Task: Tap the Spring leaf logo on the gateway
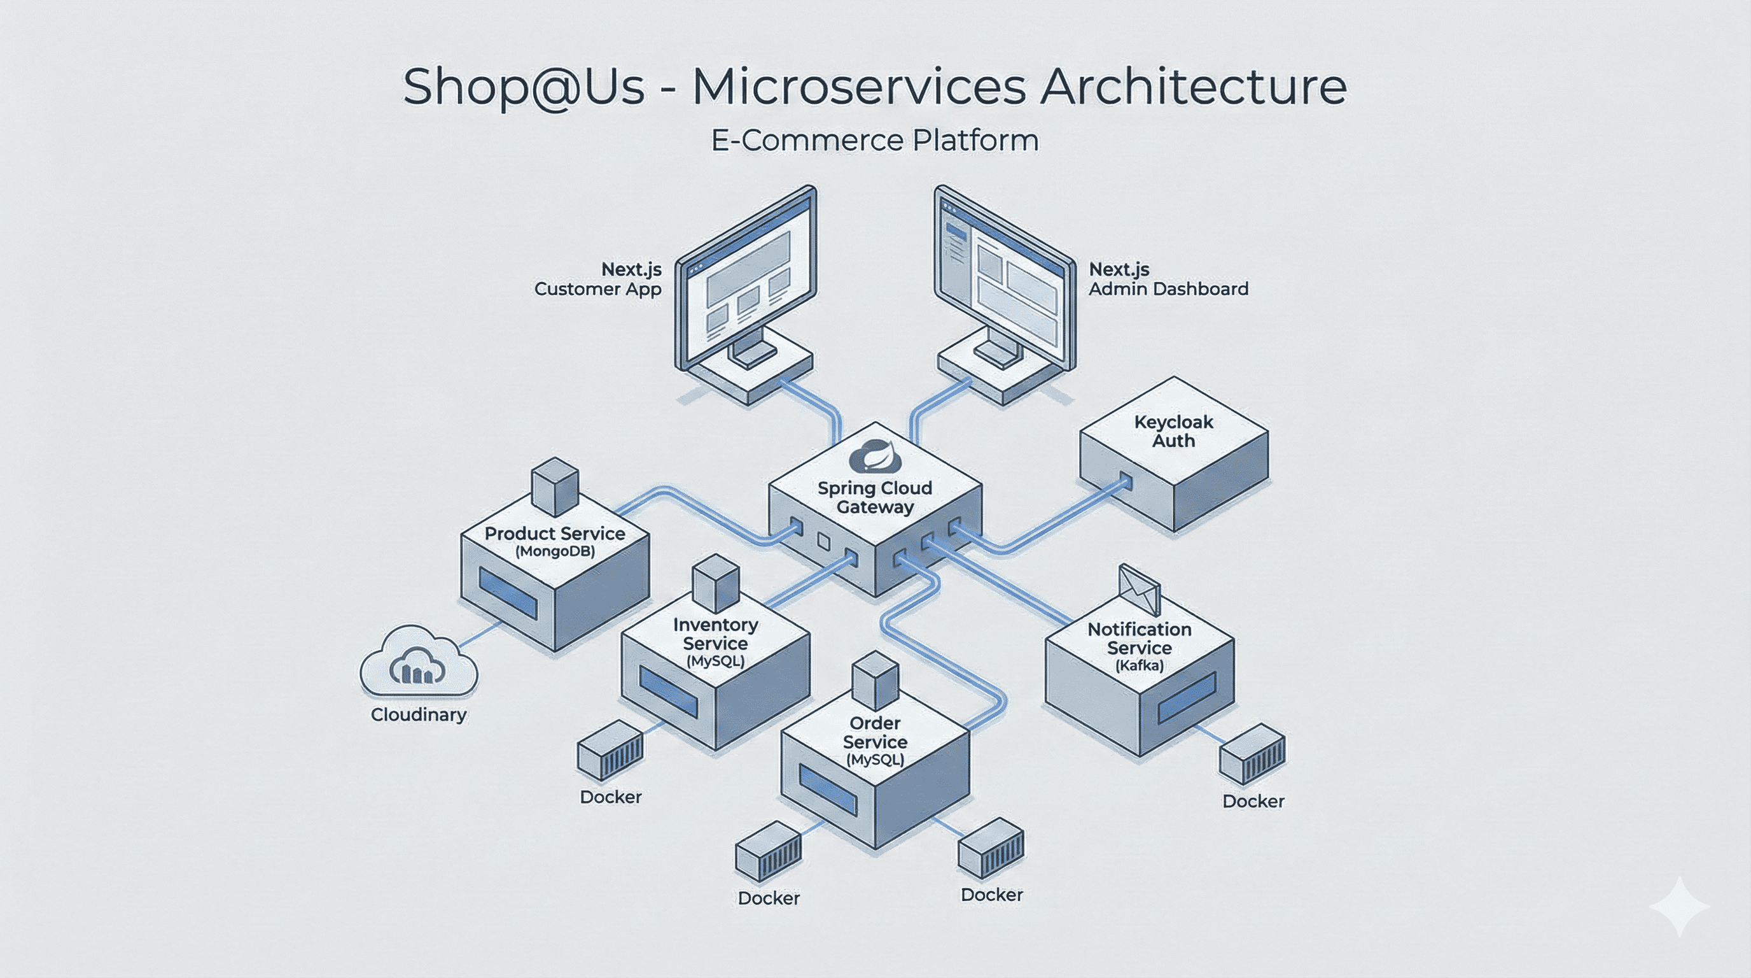[x=875, y=457]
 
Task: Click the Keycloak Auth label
[x=1173, y=431]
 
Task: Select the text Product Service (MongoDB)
[x=555, y=541]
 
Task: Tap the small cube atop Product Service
[x=555, y=486]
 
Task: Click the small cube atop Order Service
[x=875, y=680]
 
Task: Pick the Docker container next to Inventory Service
[x=610, y=751]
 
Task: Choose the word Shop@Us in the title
[x=524, y=87]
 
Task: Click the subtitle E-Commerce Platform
[x=875, y=141]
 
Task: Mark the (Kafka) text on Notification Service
[x=1140, y=665]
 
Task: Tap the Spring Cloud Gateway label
[x=875, y=497]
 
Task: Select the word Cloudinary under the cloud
[x=419, y=714]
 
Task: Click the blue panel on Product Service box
[x=508, y=593]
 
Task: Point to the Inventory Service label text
[x=715, y=634]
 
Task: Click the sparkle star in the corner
[x=1679, y=906]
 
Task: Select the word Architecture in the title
[x=1193, y=87]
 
